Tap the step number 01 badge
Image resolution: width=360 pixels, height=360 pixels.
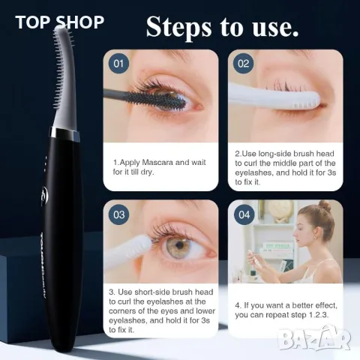coord(118,63)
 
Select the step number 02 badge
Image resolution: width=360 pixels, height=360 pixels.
coord(243,63)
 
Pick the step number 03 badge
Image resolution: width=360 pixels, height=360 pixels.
coord(118,214)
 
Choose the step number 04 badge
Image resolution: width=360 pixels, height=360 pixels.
coord(243,214)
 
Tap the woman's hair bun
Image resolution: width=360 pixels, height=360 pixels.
coord(323,205)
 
